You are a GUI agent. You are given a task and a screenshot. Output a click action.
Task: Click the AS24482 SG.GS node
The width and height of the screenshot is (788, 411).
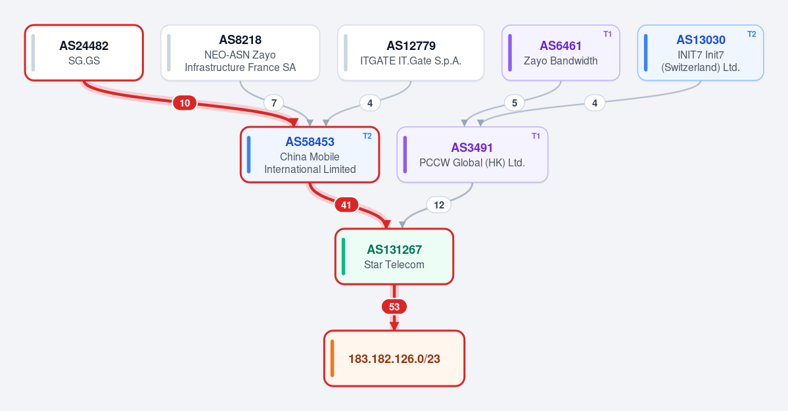click(84, 53)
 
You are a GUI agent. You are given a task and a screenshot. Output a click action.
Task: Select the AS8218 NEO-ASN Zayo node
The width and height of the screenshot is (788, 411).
click(241, 53)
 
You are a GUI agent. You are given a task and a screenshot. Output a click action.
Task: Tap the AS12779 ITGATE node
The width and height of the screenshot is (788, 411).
click(411, 53)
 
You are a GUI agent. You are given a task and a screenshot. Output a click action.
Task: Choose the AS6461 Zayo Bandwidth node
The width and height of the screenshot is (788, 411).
click(561, 53)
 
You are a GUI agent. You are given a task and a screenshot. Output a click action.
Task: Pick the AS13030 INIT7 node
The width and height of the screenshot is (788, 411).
click(701, 53)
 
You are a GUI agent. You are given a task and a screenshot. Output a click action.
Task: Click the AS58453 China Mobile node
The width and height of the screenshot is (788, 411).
click(310, 155)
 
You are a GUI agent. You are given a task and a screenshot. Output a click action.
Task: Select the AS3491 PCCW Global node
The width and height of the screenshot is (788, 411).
click(473, 155)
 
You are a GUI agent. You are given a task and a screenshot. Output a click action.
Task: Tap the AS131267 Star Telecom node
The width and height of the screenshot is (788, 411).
click(394, 256)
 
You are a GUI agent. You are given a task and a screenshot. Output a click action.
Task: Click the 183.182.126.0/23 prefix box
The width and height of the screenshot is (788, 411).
click(394, 358)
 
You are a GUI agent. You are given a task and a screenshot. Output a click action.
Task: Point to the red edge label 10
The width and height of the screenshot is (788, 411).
click(185, 103)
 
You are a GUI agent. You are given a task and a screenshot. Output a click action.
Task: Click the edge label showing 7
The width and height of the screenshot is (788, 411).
click(274, 103)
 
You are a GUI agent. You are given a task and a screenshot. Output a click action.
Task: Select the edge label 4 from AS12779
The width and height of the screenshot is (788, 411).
click(370, 103)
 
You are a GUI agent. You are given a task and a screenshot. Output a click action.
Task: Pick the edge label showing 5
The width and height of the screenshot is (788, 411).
click(514, 103)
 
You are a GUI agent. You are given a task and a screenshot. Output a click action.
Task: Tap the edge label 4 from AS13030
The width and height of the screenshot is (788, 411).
click(595, 103)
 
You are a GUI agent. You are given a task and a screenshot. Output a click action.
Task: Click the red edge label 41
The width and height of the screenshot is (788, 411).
click(346, 205)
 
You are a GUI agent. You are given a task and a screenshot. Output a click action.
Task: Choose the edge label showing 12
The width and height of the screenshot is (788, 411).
click(439, 205)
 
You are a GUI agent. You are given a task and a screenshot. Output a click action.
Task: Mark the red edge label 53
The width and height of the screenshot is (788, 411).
click(394, 307)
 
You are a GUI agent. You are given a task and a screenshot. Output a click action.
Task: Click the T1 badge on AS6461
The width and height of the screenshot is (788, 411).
click(607, 34)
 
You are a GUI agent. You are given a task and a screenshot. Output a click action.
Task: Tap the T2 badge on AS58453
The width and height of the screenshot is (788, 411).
click(367, 136)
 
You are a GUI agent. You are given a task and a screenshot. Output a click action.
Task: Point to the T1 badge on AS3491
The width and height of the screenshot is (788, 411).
click(536, 136)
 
